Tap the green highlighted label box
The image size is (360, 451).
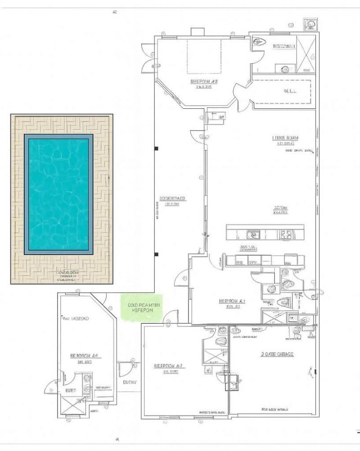[141, 308]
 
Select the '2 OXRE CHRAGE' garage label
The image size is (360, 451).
[277, 354]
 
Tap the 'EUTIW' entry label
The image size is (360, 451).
[130, 383]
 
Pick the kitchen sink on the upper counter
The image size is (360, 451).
[252, 234]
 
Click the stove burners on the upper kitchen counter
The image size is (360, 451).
[285, 234]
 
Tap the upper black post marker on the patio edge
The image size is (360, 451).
[156, 148]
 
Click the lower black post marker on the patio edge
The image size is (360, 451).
[156, 255]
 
